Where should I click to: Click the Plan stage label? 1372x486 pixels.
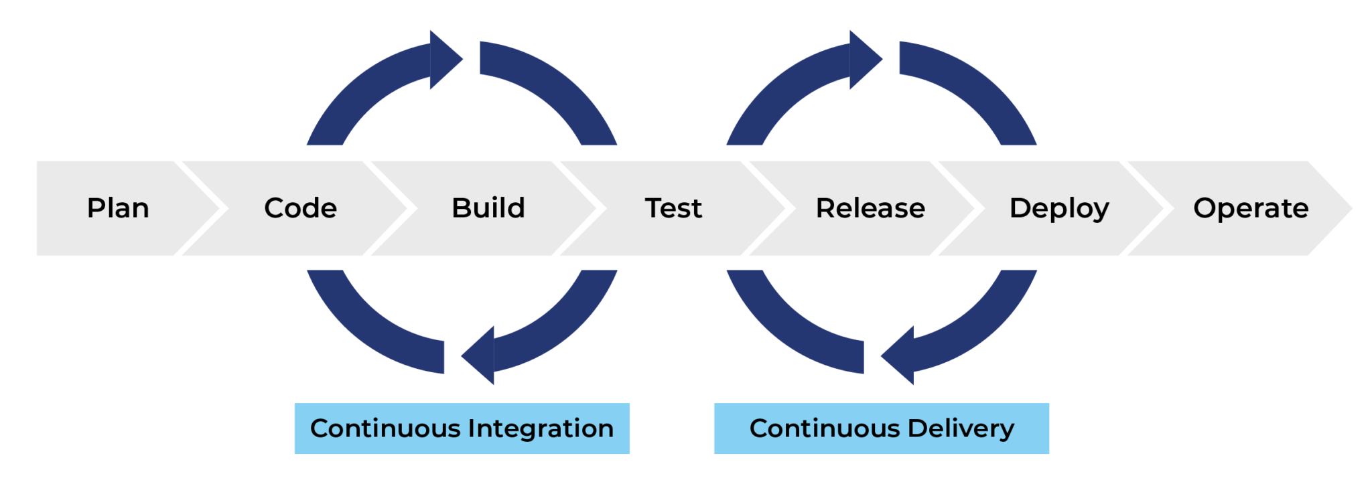coord(118,208)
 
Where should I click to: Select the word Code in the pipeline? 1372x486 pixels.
coord(300,208)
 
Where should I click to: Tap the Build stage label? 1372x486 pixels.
coord(488,208)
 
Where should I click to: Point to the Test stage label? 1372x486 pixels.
coord(673,208)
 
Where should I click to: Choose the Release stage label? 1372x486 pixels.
coord(870,208)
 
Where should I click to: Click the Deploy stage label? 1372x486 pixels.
coord(1059,208)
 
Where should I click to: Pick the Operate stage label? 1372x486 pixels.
coord(1251,208)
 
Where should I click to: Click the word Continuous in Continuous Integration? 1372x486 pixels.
coord(385,428)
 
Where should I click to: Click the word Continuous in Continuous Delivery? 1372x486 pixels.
coord(825,428)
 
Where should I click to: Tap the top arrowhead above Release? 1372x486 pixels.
coord(865,59)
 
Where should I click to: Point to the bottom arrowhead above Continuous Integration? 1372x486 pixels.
coord(480,355)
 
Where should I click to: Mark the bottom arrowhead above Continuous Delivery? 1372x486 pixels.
coord(899,355)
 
